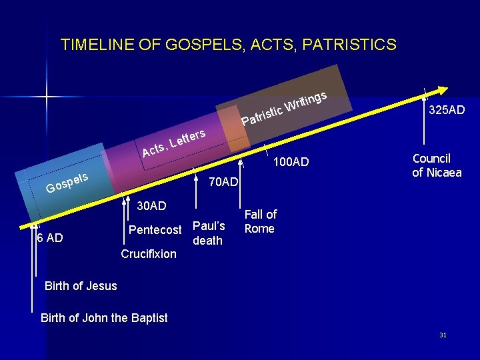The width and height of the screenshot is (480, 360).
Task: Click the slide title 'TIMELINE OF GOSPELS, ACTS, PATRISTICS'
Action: point(228,45)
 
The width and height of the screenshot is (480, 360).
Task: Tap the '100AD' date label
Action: point(291,161)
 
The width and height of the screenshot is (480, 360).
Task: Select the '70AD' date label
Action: point(223,182)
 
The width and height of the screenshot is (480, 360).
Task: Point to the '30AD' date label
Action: point(151,206)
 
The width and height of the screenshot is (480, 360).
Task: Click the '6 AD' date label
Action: point(50,238)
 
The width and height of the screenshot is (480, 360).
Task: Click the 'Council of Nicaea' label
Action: point(437,165)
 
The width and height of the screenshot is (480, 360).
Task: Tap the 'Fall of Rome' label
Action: point(260,221)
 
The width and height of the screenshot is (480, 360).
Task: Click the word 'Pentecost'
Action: point(155,230)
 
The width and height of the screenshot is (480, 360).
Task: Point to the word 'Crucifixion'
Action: point(149,254)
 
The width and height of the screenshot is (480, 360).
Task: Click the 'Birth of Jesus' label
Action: point(81,286)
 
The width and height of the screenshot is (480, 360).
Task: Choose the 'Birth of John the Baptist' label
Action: point(104,318)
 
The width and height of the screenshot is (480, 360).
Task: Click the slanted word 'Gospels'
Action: point(67,182)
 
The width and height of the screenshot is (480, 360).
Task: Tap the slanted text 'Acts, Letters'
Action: point(173,142)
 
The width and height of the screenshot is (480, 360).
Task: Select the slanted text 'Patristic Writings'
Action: point(283,109)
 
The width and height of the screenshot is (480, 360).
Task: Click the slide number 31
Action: point(443,335)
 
